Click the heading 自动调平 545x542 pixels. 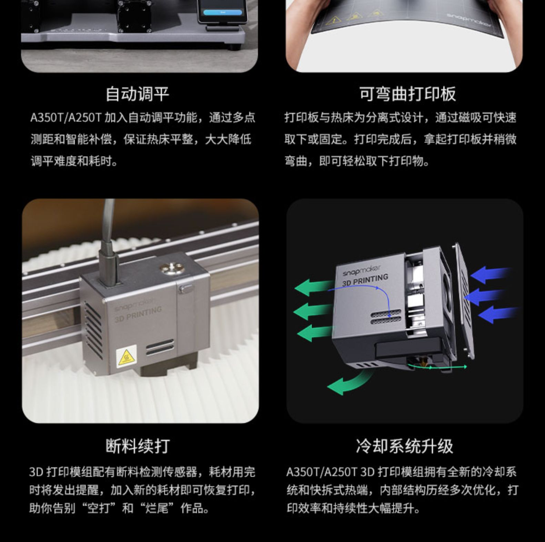click(x=138, y=94)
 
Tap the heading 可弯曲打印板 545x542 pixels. click(x=407, y=94)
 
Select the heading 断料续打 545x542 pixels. click(x=138, y=446)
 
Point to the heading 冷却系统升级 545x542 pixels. click(x=404, y=446)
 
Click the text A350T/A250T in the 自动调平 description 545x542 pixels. click(x=65, y=118)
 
